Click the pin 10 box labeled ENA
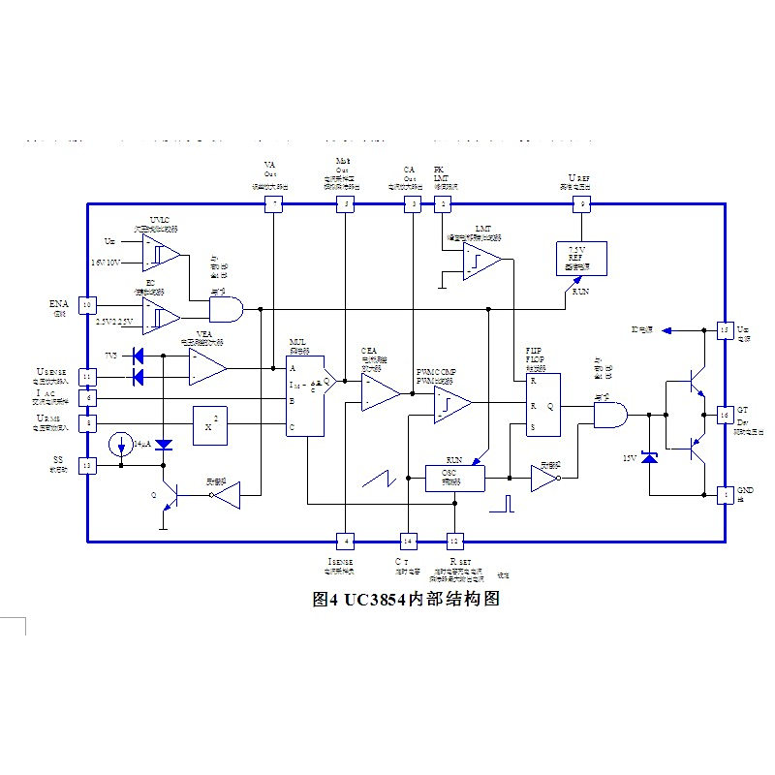click(87, 305)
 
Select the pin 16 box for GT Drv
click(724, 415)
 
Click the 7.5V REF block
click(581, 259)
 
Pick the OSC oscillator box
click(455, 478)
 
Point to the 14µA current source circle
click(120, 445)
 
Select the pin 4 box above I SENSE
click(344, 541)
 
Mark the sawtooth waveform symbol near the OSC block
click(379, 478)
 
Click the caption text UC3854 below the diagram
click(372, 599)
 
